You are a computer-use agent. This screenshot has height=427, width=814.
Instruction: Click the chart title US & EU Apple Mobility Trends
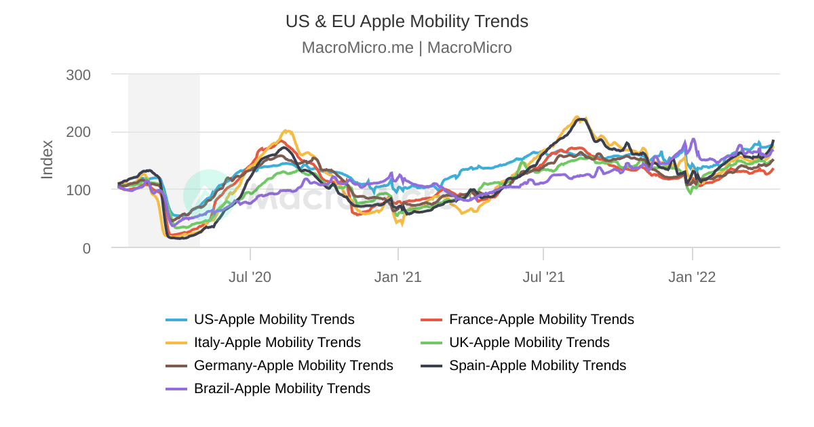click(406, 22)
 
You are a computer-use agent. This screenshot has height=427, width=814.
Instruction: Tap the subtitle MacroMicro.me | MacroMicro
click(406, 48)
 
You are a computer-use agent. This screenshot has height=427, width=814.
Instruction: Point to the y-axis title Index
click(47, 159)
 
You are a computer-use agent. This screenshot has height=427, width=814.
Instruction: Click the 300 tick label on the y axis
click(78, 75)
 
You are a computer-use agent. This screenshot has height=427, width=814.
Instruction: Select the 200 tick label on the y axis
click(78, 132)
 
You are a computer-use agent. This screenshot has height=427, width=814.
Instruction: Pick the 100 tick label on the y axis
click(78, 190)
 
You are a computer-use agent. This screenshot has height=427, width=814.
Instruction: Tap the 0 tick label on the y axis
click(86, 248)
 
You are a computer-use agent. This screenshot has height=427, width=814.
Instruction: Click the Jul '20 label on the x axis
click(250, 277)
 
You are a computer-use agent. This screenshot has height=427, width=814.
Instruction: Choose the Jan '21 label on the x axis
click(398, 277)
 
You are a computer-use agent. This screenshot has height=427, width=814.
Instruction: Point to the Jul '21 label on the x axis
click(543, 277)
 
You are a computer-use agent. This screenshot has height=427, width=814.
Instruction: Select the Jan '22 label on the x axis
click(692, 277)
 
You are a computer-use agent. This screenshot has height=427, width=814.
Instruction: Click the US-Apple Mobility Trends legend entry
click(274, 319)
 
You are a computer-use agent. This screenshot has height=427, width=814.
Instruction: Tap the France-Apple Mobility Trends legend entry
click(541, 319)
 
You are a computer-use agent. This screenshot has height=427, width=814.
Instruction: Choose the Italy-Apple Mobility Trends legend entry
click(277, 342)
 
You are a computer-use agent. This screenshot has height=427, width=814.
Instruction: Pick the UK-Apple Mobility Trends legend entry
click(529, 342)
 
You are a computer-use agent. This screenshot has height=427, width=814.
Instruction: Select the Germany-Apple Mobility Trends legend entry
click(293, 365)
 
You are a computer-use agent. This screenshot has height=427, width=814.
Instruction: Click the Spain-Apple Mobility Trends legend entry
click(537, 365)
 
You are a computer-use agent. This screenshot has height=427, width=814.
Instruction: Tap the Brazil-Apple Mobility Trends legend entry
click(282, 388)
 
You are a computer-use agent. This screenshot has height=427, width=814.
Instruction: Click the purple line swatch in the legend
click(176, 388)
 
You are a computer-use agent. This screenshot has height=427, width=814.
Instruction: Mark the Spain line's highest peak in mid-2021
click(581, 119)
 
